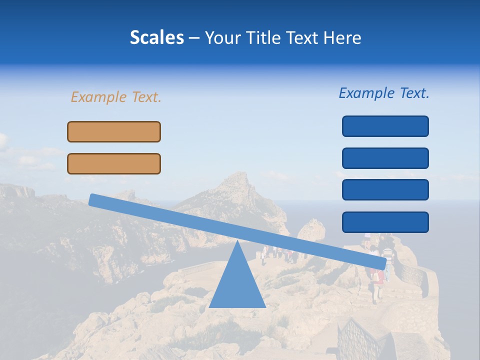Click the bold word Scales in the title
[x=156, y=37]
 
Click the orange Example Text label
[x=116, y=97]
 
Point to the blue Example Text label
[x=384, y=93]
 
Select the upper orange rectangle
[x=114, y=131]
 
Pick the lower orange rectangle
[x=114, y=163]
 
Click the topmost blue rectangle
[x=385, y=126]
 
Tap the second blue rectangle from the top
[x=385, y=158]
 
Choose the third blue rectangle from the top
[x=385, y=189]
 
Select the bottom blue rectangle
[x=385, y=222]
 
